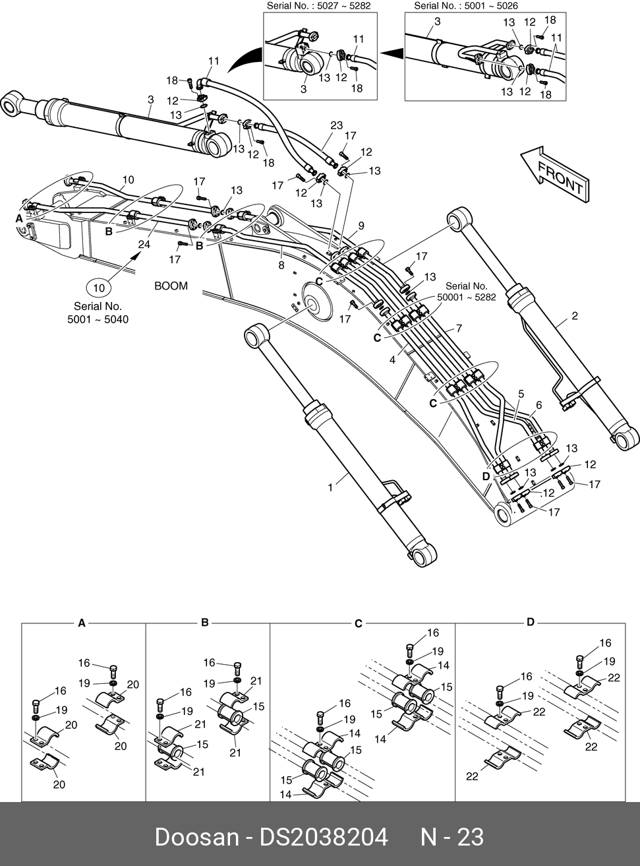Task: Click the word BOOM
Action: tap(171, 286)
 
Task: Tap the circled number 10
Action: tap(99, 288)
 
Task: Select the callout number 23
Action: tap(336, 125)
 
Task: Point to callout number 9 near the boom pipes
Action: tap(361, 226)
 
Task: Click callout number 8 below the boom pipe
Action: tap(281, 266)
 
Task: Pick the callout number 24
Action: tap(144, 245)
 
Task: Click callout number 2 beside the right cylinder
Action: tap(575, 316)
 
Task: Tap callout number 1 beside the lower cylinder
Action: tap(330, 487)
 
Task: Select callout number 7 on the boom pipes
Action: tap(459, 328)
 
